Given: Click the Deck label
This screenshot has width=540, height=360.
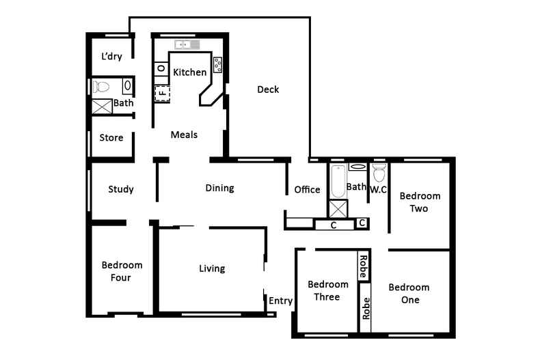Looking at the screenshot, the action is click(268, 89).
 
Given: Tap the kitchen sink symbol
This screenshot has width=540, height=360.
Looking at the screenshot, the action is click(187, 44).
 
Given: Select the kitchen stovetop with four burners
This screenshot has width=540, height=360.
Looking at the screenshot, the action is click(217, 65).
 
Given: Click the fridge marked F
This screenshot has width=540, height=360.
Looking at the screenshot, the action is click(162, 94).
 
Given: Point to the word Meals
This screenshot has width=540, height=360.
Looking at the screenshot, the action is click(184, 135).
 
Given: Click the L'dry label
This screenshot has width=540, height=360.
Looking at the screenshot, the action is click(111, 56).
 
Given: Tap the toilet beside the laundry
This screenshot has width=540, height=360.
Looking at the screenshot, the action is click(101, 86).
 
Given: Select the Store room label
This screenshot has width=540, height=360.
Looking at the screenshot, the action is click(111, 138).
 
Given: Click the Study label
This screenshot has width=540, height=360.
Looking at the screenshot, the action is click(121, 189).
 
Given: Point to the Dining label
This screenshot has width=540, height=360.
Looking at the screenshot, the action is click(219, 188).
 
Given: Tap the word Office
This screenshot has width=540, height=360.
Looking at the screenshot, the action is click(307, 190).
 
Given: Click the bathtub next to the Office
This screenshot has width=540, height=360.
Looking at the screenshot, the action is click(338, 182).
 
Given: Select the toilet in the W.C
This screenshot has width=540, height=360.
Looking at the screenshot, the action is click(379, 173).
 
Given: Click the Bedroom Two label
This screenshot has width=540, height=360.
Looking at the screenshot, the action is click(420, 202).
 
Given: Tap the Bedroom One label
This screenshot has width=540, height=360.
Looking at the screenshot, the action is click(409, 293).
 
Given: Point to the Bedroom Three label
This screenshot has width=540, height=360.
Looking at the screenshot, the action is click(328, 290).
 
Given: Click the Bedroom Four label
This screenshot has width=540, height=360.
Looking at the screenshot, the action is click(122, 271).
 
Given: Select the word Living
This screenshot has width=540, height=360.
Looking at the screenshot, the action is click(212, 268).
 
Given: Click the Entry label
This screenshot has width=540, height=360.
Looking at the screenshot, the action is click(281, 301).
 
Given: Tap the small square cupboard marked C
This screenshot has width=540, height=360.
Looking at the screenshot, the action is click(362, 223).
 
